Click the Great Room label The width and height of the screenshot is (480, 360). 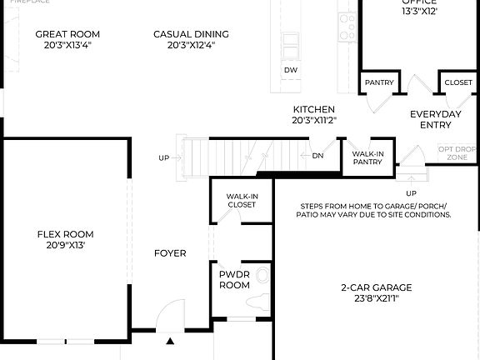click(67, 34)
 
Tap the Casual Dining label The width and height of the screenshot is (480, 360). click(191, 34)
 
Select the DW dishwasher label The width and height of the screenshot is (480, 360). click(290, 69)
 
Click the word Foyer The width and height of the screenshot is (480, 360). click(170, 253)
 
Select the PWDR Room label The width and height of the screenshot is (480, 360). click(234, 279)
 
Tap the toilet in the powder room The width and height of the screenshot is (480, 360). click(262, 275)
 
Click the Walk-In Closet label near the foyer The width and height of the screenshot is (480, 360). click(242, 200)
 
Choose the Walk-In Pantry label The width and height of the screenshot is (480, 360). click(367, 158)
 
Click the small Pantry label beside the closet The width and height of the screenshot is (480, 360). click(379, 83)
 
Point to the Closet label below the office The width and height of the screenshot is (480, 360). click(457, 83)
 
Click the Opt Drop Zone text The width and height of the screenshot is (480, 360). click(457, 152)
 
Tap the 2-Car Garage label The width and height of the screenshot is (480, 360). click(377, 287)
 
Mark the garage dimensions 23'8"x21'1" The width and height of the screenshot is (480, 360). click(377, 298)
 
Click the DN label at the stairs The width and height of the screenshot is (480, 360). click(317, 156)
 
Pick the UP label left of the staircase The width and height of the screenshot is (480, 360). click(164, 157)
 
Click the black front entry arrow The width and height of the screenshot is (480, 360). click(170, 340)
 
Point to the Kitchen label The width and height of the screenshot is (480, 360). click(313, 109)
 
